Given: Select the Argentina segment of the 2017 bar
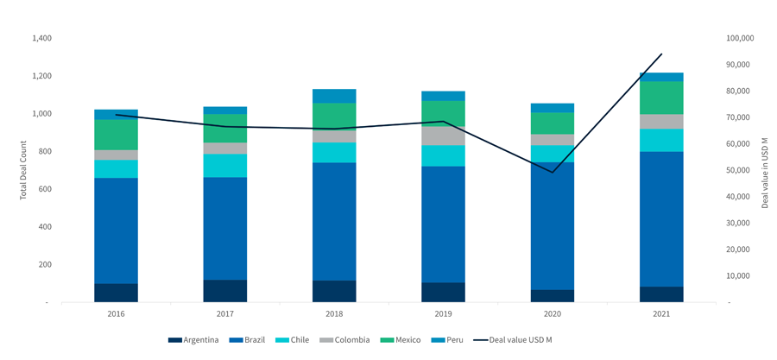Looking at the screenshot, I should click(x=224, y=291).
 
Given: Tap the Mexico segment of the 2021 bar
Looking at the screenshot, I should click(x=661, y=98).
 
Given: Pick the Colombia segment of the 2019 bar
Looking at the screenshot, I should click(x=443, y=136).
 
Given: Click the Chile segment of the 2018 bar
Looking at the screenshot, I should click(x=334, y=152).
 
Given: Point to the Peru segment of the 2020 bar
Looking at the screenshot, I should click(x=553, y=108).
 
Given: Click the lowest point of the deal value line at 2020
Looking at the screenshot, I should click(x=553, y=172).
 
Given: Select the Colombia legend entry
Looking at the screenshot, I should click(x=348, y=340).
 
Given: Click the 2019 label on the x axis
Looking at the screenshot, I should click(x=443, y=314).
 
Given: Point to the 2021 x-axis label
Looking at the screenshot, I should click(x=661, y=314).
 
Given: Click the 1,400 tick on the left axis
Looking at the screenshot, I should click(x=41, y=39).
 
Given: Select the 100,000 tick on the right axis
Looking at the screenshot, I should click(x=741, y=39).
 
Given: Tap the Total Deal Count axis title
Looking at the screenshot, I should click(x=23, y=170).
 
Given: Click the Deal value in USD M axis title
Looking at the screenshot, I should click(x=765, y=170).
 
